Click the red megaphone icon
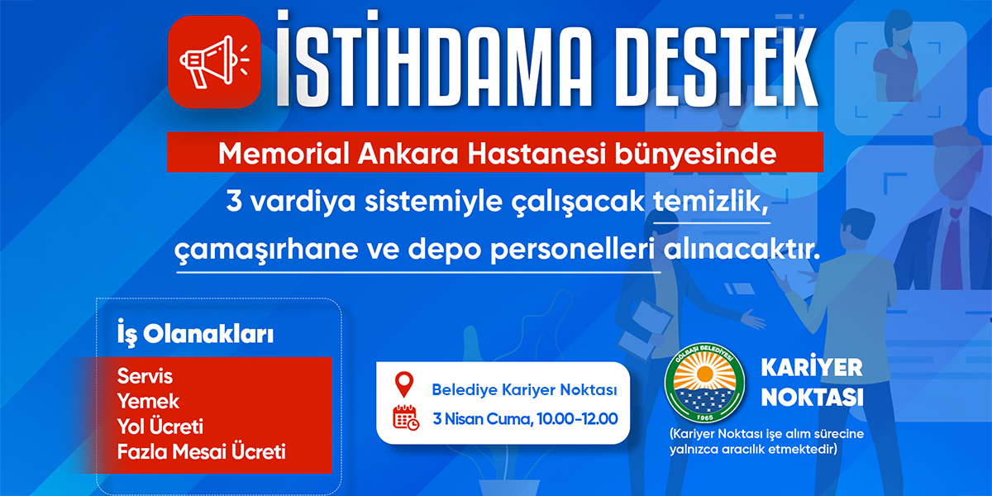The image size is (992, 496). coord(214,61)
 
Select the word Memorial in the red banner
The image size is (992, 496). coord(284,154)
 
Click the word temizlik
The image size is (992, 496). coord(710,202)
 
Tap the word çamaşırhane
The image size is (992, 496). coord(265,250)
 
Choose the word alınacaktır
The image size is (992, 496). coord(742,250)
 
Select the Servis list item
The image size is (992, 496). coord(145,376)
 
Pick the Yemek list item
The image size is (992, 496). coord(148,402)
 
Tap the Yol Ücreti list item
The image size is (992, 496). coord(160,427)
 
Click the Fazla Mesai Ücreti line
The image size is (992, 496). coord(202,451)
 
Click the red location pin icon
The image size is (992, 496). coord(404,384)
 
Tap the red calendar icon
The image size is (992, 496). coord(406,417)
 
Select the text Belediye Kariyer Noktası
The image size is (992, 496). coord(524,389)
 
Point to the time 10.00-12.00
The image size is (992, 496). coord(578,419)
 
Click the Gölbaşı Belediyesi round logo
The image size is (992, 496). coord(704,383)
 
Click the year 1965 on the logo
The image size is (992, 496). coord(704,417)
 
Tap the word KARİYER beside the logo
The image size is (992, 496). coord(812,368)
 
